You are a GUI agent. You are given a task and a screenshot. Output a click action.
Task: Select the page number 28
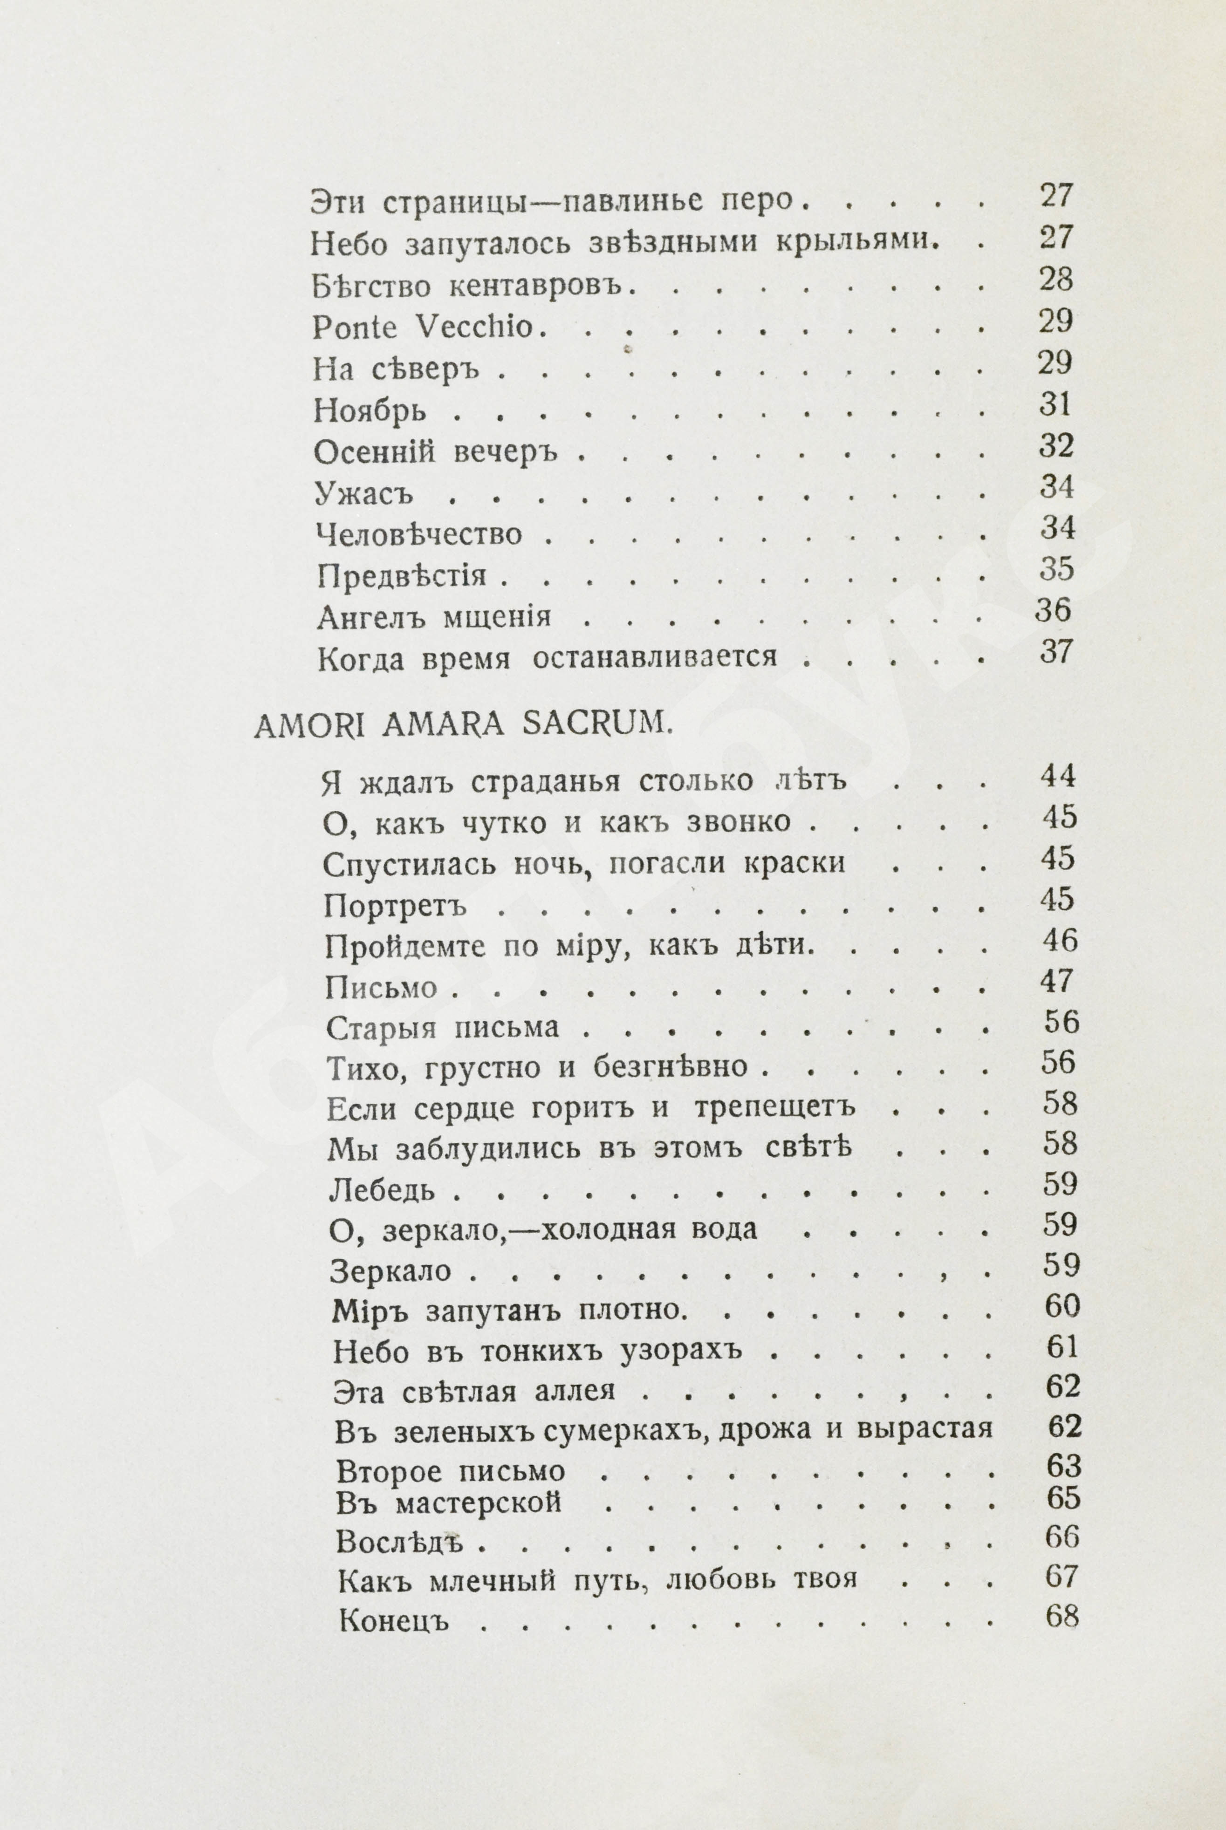1055,280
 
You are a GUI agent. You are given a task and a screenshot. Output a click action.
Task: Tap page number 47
1060,981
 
